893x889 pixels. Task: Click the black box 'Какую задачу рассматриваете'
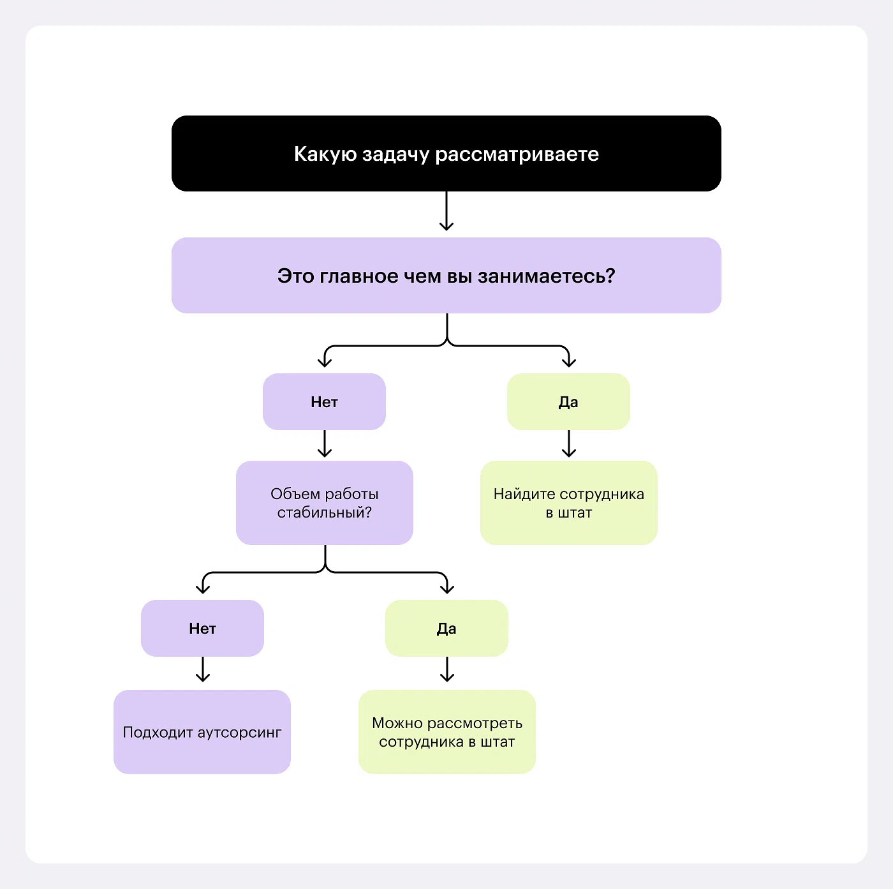pyautogui.click(x=447, y=154)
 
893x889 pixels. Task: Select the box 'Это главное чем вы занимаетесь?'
pyautogui.click(x=447, y=276)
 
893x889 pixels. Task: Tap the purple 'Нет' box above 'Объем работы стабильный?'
pyautogui.click(x=325, y=401)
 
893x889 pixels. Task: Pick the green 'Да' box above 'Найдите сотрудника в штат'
pyautogui.click(x=568, y=401)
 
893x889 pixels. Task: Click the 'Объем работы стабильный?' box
pyautogui.click(x=325, y=503)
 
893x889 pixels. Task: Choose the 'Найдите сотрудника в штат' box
pyautogui.click(x=568, y=503)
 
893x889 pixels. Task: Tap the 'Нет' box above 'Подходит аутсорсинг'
pyautogui.click(x=202, y=629)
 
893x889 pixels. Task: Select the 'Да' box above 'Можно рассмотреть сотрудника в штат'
pyautogui.click(x=447, y=629)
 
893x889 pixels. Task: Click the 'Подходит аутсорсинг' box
pyautogui.click(x=202, y=732)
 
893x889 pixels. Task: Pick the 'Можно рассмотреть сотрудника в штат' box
pyautogui.click(x=447, y=732)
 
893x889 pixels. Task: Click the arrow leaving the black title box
pyautogui.click(x=447, y=211)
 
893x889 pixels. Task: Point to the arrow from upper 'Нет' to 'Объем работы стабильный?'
pyautogui.click(x=325, y=444)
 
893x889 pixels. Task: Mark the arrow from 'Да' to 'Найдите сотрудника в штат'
pyautogui.click(x=568, y=444)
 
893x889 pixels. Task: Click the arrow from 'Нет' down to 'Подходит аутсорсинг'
pyautogui.click(x=202, y=669)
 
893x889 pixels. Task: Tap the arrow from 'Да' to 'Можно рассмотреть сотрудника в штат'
pyautogui.click(x=447, y=669)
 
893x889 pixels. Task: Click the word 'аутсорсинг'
pyautogui.click(x=239, y=733)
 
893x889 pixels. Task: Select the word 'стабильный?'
pyautogui.click(x=325, y=512)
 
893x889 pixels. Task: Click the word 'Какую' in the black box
pyautogui.click(x=325, y=154)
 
